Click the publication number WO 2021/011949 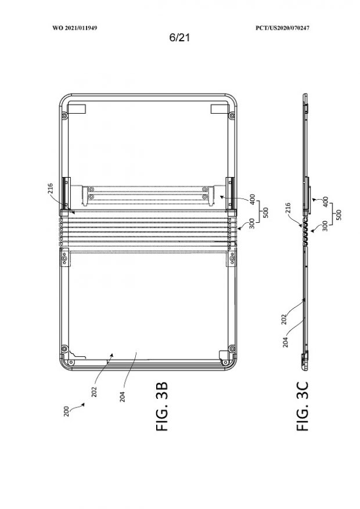[75, 28]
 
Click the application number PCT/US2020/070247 [282, 28]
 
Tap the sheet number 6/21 [179, 38]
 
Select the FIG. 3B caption [162, 406]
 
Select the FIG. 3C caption [302, 406]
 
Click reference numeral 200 [66, 411]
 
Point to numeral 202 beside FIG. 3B [94, 392]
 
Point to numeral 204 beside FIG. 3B [122, 396]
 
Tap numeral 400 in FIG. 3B [253, 199]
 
